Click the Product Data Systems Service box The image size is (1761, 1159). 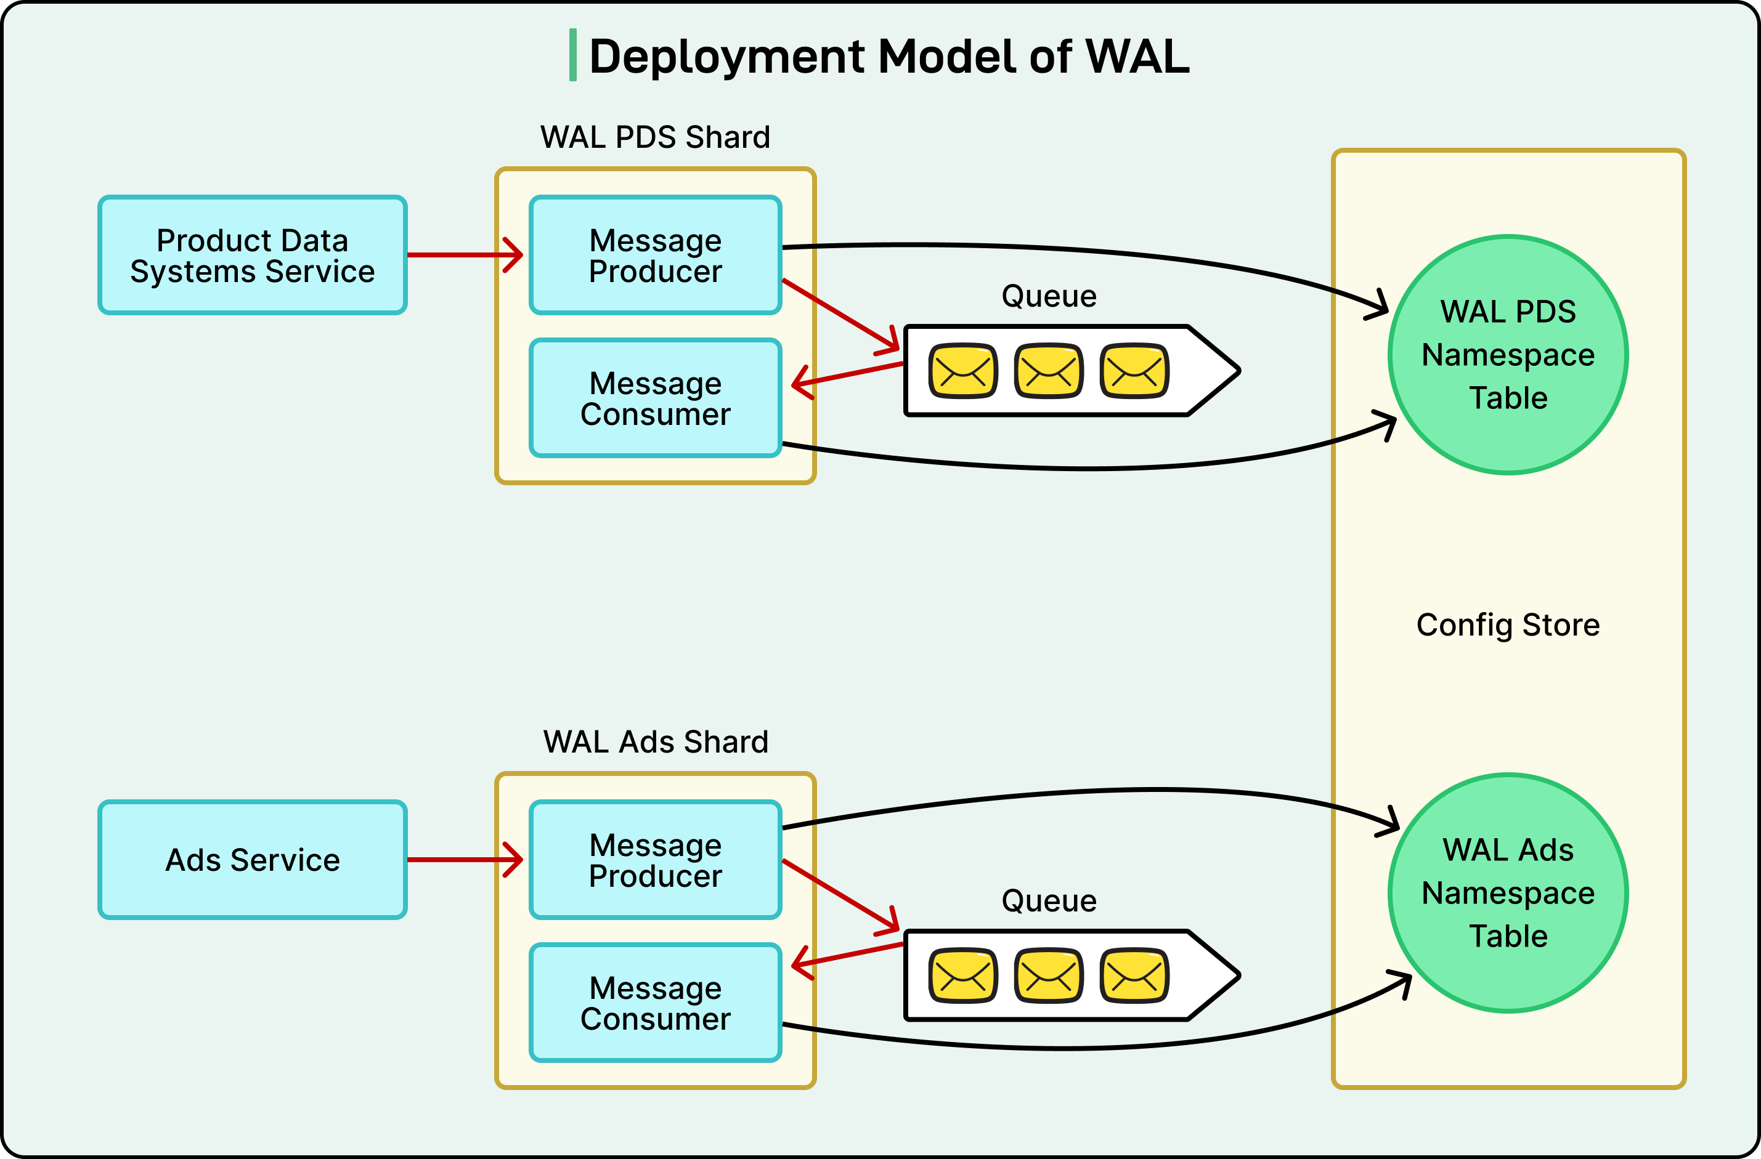252,255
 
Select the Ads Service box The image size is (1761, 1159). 252,860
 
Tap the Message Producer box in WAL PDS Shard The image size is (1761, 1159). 656,255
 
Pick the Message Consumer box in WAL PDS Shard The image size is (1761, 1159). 656,398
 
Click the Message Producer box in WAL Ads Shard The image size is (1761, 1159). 656,860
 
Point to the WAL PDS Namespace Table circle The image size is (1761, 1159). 1508,355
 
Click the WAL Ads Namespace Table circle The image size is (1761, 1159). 1508,893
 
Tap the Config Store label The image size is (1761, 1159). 1508,625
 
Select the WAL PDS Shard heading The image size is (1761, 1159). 656,137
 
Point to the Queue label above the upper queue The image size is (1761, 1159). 1049,296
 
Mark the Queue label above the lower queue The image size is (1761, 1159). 1049,901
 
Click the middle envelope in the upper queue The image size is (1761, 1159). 1049,371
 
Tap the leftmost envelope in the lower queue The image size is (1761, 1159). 962,975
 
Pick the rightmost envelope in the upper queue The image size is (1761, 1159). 1134,371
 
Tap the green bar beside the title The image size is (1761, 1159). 572,55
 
